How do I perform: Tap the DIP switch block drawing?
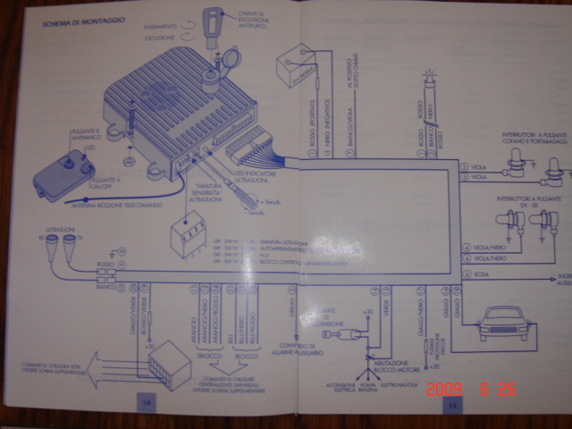[x=190, y=235]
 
